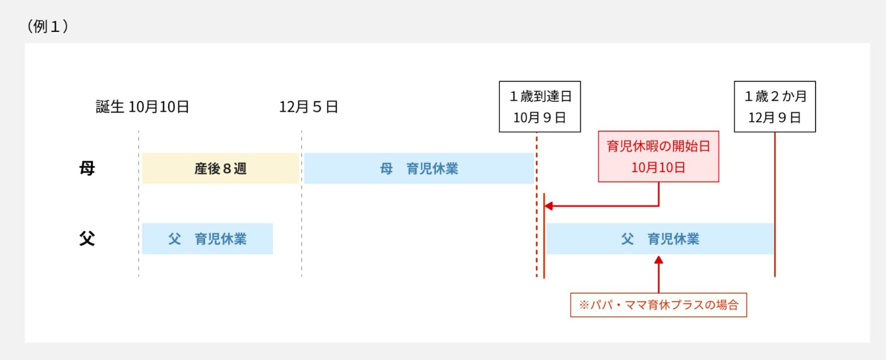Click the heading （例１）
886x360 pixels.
coord(47,27)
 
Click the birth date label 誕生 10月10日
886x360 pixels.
coord(143,107)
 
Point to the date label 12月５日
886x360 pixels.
coord(308,107)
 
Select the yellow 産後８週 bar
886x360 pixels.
coord(220,168)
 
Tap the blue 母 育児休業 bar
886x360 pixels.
coord(419,168)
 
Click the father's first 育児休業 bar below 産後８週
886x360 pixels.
coord(207,239)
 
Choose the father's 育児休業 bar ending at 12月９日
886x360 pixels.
coord(659,239)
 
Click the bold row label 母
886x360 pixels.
coord(87,168)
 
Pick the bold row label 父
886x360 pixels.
coord(87,239)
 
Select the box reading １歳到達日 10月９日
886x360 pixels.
coord(539,106)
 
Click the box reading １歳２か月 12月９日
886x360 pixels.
coord(774,106)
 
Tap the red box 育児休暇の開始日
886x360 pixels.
coord(658,147)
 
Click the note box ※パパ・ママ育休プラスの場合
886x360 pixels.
coord(658,306)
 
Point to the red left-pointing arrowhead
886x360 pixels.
coord(548,206)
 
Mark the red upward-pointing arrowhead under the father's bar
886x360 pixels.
coord(658,260)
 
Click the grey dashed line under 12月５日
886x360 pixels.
coord(302,207)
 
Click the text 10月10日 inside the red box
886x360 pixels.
coord(658,167)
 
